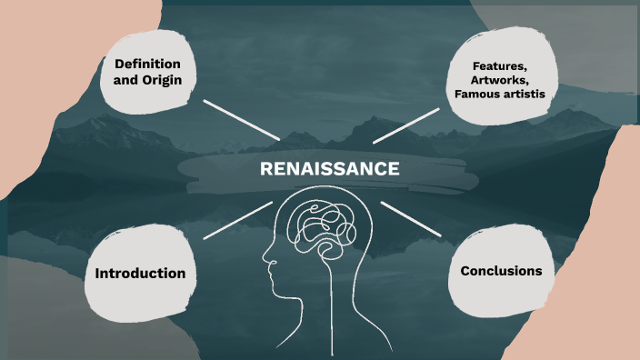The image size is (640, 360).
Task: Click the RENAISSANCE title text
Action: click(329, 168)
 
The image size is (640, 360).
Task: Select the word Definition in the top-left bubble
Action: click(148, 65)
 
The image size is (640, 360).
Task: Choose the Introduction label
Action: click(140, 273)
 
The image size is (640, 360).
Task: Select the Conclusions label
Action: click(501, 271)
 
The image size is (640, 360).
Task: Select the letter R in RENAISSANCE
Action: click(265, 168)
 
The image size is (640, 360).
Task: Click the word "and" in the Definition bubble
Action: click(127, 81)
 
